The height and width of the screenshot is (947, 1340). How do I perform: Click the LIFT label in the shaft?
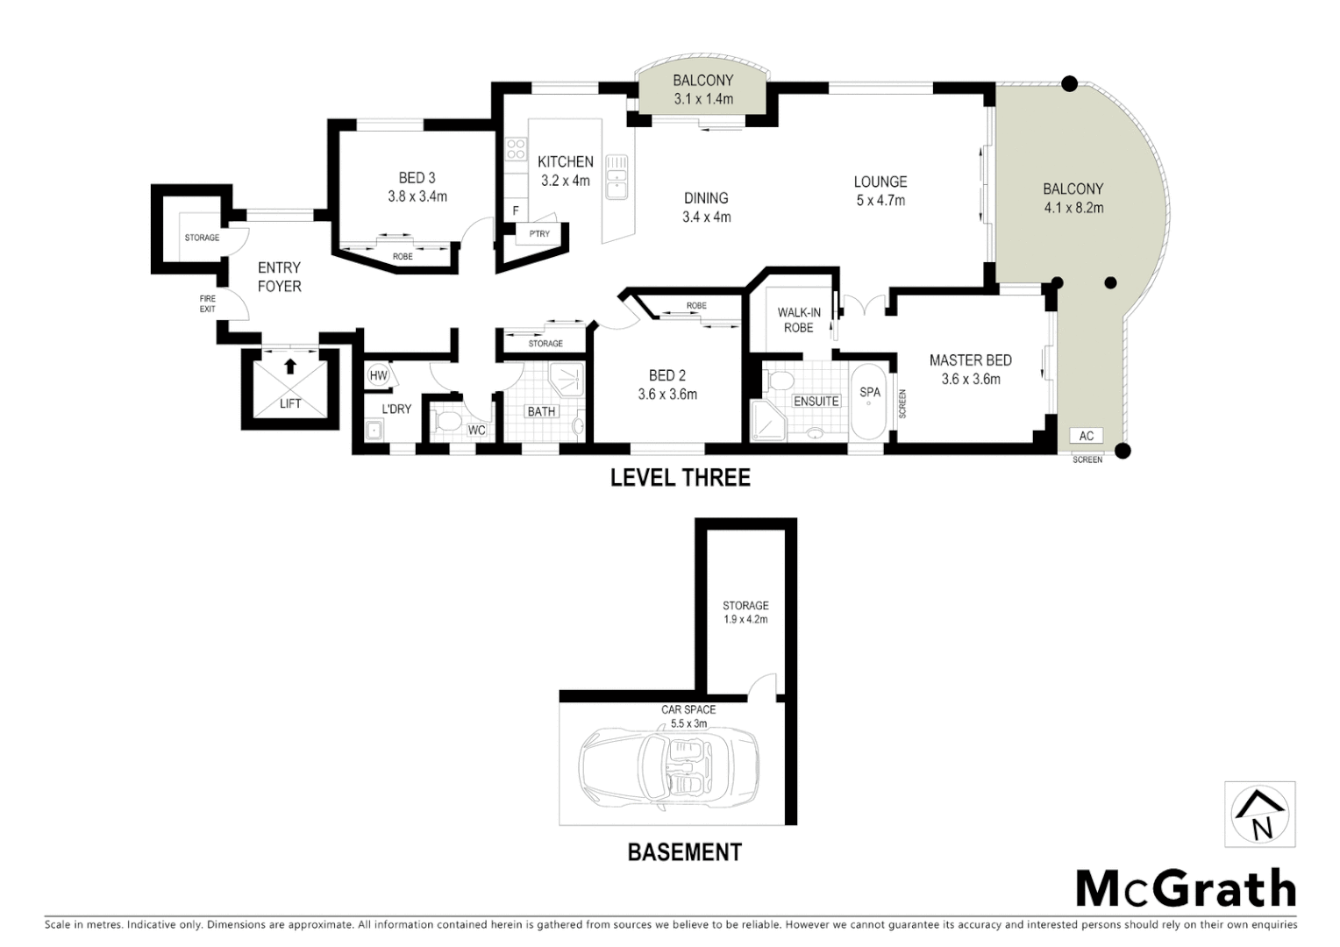click(290, 403)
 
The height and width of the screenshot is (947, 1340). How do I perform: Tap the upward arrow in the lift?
click(290, 366)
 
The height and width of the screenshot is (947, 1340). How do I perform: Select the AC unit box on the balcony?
click(1087, 436)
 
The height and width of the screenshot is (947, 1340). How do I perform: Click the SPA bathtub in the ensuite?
click(869, 401)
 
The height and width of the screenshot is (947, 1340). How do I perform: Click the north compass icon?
click(1259, 815)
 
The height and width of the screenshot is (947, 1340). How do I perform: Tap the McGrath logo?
click(1186, 889)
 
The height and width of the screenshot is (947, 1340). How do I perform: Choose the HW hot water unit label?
click(379, 375)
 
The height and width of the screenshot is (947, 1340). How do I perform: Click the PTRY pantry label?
click(538, 234)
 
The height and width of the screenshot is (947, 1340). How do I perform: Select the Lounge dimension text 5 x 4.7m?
click(880, 201)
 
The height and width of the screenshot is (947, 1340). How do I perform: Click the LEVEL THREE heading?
click(681, 478)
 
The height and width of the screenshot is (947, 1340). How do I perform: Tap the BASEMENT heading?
click(684, 851)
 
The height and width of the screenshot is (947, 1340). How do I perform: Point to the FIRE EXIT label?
click(207, 303)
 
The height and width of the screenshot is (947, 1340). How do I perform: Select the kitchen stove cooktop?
click(516, 149)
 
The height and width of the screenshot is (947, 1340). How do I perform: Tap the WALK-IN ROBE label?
click(798, 320)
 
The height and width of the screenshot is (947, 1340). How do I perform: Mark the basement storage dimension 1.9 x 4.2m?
click(745, 619)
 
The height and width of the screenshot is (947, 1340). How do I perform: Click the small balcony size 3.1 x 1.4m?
click(703, 99)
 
